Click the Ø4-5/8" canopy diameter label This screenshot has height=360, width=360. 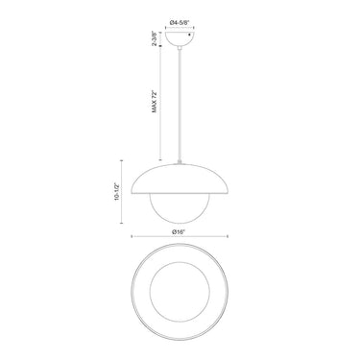[x=180, y=22]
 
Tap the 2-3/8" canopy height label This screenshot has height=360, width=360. [x=155, y=38]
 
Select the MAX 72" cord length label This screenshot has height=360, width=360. [x=155, y=102]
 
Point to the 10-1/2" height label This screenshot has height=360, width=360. [x=116, y=192]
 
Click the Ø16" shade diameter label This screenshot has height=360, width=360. [x=179, y=232]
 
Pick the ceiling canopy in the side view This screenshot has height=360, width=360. [x=180, y=39]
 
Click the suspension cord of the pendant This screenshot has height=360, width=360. [x=180, y=105]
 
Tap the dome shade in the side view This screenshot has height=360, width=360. [x=180, y=179]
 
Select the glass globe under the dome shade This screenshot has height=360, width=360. [x=180, y=208]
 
